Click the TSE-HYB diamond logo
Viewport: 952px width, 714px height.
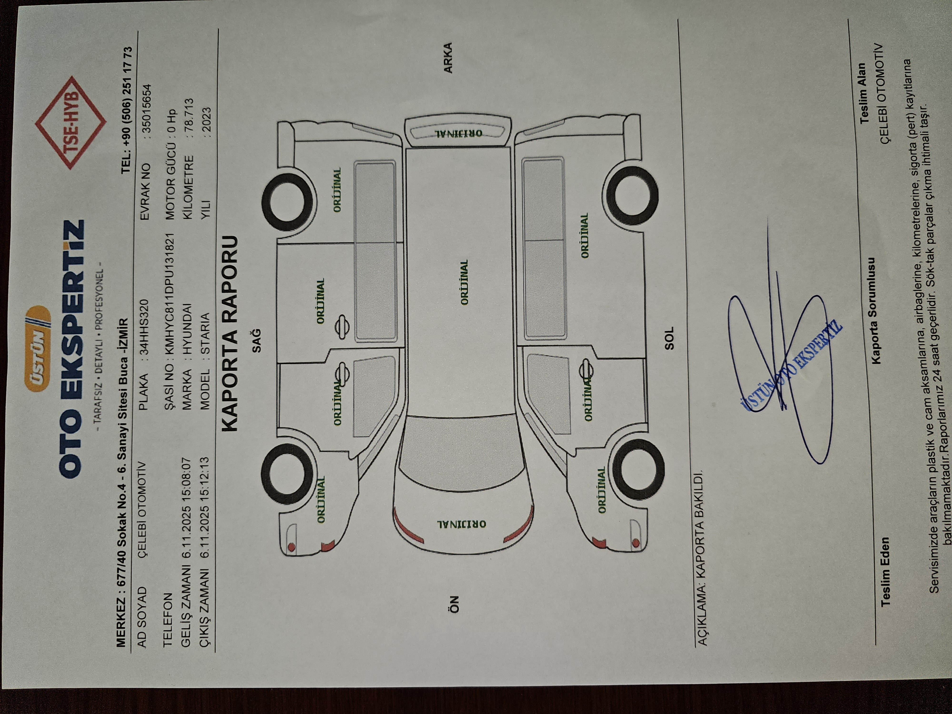[x=70, y=123]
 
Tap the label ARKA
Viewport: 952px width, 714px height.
[x=448, y=58]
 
